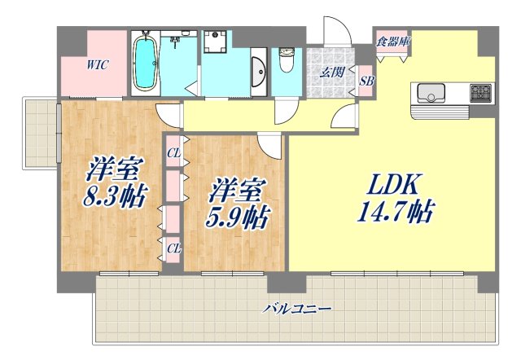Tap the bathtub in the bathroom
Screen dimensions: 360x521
[x=146, y=62]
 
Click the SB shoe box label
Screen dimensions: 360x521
[x=367, y=81]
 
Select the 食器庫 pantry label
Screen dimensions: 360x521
[x=391, y=40]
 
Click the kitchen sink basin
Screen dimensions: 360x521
[x=431, y=94]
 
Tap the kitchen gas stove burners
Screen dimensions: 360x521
[x=480, y=92]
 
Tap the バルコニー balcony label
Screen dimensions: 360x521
[x=296, y=309]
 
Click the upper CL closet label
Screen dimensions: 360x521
[x=173, y=151]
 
